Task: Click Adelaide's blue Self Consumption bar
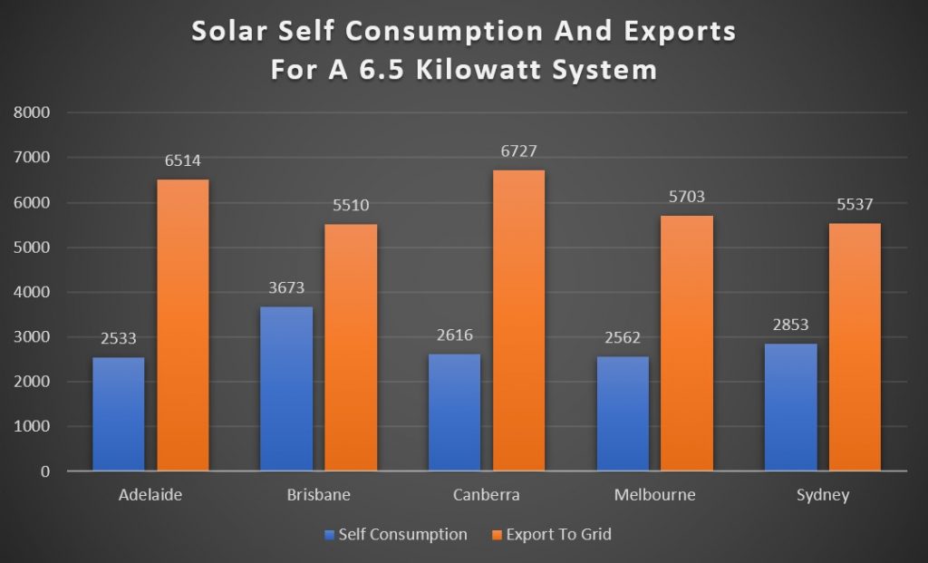(x=118, y=413)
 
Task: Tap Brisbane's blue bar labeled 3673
(x=285, y=388)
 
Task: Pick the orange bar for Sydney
(x=854, y=346)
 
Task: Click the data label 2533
(x=118, y=338)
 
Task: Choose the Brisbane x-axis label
(x=318, y=495)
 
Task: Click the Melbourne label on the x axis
(x=653, y=495)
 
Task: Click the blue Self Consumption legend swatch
(x=330, y=535)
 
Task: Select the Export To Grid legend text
(x=559, y=535)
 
